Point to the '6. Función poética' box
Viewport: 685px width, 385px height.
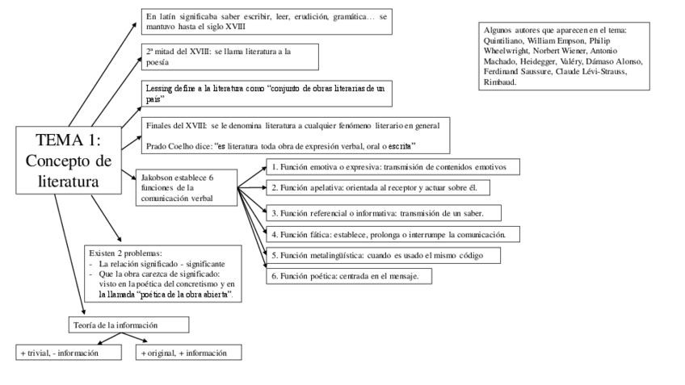pyautogui.click(x=350, y=276)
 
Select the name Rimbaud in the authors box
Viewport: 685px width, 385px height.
pyautogui.click(x=500, y=82)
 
